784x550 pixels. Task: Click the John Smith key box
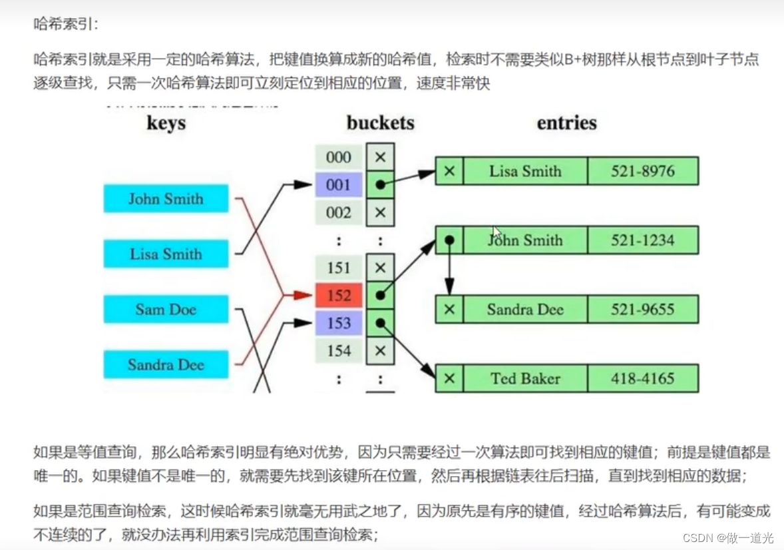[166, 199]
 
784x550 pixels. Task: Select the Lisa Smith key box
[166, 254]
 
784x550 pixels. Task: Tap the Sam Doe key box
[166, 309]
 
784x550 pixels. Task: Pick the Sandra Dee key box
[166, 364]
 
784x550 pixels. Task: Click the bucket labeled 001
[339, 184]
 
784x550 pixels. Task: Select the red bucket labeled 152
[339, 295]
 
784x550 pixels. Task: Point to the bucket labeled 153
[339, 323]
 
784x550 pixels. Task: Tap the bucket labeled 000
[339, 157]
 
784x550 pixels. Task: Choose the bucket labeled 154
[339, 350]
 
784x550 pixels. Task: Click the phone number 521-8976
[642, 171]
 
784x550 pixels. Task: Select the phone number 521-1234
[642, 240]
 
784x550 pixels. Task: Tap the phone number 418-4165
[642, 379]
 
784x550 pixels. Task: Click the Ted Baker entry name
[525, 379]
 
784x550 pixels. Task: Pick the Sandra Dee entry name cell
[525, 310]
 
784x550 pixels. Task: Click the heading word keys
[166, 123]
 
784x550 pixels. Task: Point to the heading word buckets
[380, 123]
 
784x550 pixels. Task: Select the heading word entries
[566, 123]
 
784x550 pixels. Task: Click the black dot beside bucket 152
[380, 295]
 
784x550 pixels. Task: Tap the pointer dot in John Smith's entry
[450, 240]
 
